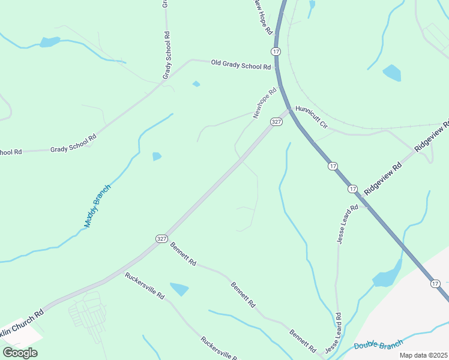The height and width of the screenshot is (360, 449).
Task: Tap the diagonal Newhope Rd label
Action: [265, 103]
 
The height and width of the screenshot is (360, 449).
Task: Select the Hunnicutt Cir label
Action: [312, 118]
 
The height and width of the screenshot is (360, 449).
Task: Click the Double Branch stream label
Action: [378, 345]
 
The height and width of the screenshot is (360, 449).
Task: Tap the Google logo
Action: [20, 352]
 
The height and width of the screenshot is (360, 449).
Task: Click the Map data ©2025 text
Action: [424, 355]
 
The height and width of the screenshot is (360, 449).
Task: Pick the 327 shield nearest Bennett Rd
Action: [161, 238]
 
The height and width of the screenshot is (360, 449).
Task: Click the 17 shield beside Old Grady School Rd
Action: [276, 52]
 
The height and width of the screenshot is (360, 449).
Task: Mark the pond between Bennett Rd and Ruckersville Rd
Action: [179, 289]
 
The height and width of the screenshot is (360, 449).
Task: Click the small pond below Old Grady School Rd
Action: [196, 83]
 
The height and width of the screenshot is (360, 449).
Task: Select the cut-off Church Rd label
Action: [22, 319]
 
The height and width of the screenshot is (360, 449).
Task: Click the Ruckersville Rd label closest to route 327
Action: [145, 286]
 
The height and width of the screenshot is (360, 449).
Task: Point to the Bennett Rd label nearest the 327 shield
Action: [183, 254]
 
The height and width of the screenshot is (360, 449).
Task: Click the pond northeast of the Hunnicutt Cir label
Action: [392, 73]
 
